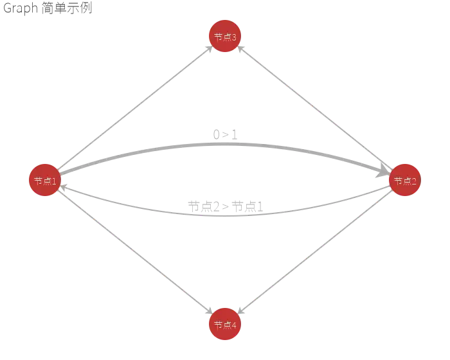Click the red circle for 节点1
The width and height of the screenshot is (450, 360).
(44, 181)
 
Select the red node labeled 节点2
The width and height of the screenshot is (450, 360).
(405, 181)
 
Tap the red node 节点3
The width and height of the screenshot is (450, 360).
(224, 37)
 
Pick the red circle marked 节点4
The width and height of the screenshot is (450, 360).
(224, 325)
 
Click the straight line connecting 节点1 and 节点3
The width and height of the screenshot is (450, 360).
(134, 109)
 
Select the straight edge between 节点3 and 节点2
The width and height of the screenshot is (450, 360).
(315, 109)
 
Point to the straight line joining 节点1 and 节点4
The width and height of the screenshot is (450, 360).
(134, 253)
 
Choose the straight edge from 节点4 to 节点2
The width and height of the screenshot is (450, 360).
(315, 253)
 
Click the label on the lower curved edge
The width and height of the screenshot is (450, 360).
(224, 208)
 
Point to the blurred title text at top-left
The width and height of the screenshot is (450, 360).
(46, 9)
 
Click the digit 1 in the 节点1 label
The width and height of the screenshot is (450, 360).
(55, 181)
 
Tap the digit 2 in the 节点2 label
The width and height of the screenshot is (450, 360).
(415, 181)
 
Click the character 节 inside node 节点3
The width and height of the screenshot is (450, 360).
(218, 37)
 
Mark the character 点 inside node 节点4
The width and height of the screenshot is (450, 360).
(226, 325)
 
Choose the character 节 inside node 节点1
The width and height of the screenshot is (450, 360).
(38, 181)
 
